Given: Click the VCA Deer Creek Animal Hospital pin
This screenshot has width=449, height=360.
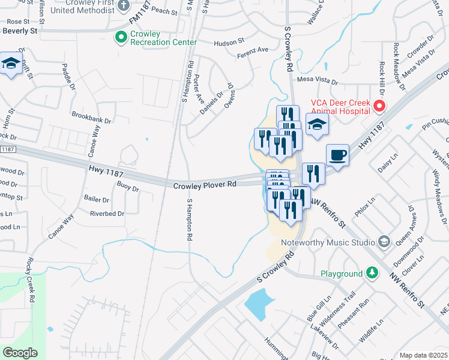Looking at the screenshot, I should click(x=379, y=107).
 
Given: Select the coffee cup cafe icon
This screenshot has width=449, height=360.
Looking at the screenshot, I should click(x=338, y=155).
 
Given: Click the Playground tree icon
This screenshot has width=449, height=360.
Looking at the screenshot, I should click(x=373, y=274).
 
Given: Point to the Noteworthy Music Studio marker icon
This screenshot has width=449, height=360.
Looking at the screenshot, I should click(x=384, y=242).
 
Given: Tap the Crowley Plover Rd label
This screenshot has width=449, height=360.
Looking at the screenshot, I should click(x=205, y=185).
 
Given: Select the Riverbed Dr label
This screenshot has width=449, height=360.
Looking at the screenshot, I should click(x=107, y=213).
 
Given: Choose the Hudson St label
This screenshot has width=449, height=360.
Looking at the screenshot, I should click(x=229, y=42).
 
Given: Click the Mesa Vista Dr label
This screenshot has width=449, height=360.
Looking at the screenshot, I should click(x=318, y=80).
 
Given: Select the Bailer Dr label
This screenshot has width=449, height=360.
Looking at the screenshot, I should click(x=96, y=198).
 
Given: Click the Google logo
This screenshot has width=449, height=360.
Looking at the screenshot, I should click(x=20, y=353).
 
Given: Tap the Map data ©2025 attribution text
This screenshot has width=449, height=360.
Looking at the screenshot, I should click(x=423, y=355).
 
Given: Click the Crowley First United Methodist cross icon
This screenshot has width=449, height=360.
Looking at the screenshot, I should click(x=124, y=6).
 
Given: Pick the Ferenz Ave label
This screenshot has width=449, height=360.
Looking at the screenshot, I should click(x=253, y=50).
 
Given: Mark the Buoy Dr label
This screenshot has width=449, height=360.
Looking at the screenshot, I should click(x=128, y=188).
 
